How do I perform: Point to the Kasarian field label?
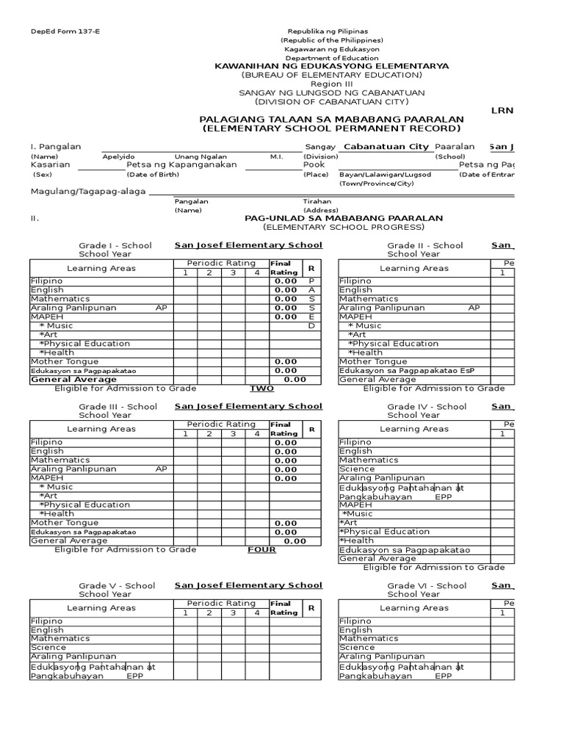coord(50,164)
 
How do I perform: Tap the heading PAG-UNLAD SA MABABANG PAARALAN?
coord(343,218)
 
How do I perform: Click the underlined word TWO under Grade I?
coord(261,388)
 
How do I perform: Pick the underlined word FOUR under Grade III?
coord(261,549)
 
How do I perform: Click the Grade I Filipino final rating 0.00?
coord(286,281)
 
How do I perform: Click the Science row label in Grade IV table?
coord(357,469)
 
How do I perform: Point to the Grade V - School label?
coord(117,585)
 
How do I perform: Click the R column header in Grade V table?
coord(311,608)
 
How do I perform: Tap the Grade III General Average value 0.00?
coord(295,540)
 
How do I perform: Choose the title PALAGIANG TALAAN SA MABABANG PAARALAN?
coord(332,119)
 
